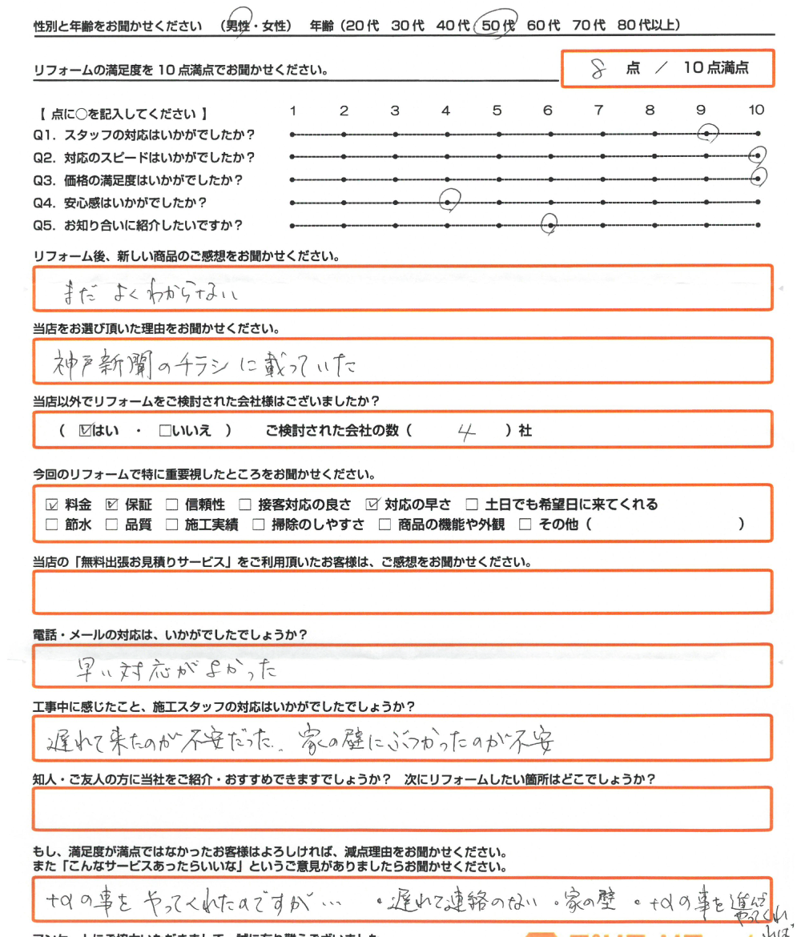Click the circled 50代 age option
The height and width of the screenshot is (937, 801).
tap(497, 26)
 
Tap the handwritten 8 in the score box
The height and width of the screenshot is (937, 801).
tap(597, 69)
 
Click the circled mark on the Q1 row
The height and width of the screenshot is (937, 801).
tap(708, 134)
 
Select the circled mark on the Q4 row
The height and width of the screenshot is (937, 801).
tap(449, 201)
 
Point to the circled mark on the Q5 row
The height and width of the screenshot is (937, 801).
tap(549, 225)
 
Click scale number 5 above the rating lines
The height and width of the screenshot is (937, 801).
tap(497, 111)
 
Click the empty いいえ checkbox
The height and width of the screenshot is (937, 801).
tap(165, 431)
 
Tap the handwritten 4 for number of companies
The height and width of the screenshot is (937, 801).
tap(467, 432)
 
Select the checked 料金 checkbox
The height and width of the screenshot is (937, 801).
tap(53, 505)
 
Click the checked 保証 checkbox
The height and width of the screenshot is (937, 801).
tap(112, 505)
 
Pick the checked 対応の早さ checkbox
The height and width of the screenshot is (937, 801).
tap(372, 505)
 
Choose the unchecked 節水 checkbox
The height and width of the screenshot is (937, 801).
tap(53, 525)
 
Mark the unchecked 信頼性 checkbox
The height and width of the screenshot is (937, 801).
tap(171, 505)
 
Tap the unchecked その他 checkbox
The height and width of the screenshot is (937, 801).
tap(525, 525)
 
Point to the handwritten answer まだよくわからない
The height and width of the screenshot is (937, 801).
tap(152, 294)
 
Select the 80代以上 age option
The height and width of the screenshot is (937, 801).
tap(649, 26)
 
